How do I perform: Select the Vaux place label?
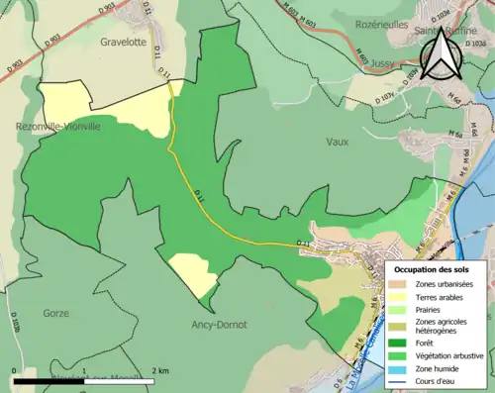pyautogui.click(x=338, y=142)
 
